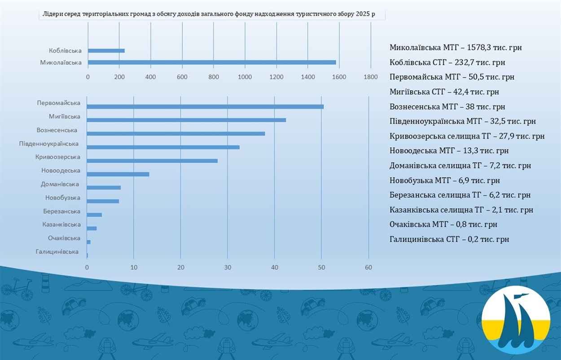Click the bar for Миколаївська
[x=212, y=62]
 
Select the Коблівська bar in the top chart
[x=106, y=51]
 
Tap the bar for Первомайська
[x=205, y=107]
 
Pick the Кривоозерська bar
[x=152, y=161]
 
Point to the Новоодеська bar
[x=118, y=174]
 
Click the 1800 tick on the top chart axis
[x=370, y=77]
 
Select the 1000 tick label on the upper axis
[x=245, y=77]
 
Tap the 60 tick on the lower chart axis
[x=368, y=267]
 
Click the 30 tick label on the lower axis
[x=228, y=267]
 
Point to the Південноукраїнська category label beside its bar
[x=49, y=144]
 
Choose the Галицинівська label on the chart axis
[x=57, y=251]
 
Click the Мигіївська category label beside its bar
[x=65, y=117]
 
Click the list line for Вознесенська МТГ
[x=447, y=107]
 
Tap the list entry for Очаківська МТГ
[x=443, y=224]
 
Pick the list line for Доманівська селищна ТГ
[x=460, y=166]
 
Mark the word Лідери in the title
[x=53, y=14]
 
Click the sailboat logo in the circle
[x=516, y=320]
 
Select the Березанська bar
[x=94, y=215]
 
